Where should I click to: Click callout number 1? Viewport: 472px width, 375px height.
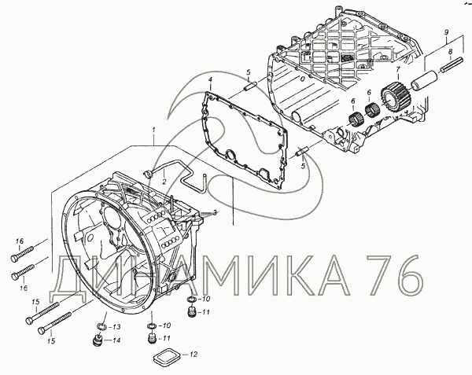pyautogui.click(x=154, y=130)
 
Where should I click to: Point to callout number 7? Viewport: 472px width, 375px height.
pyautogui.click(x=398, y=70)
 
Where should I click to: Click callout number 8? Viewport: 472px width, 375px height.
pyautogui.click(x=450, y=53)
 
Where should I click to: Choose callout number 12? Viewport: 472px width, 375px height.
pyautogui.click(x=190, y=355)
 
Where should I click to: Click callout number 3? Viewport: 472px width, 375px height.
pyautogui.click(x=215, y=212)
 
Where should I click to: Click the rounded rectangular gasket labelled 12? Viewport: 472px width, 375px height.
pyautogui.click(x=166, y=351)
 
